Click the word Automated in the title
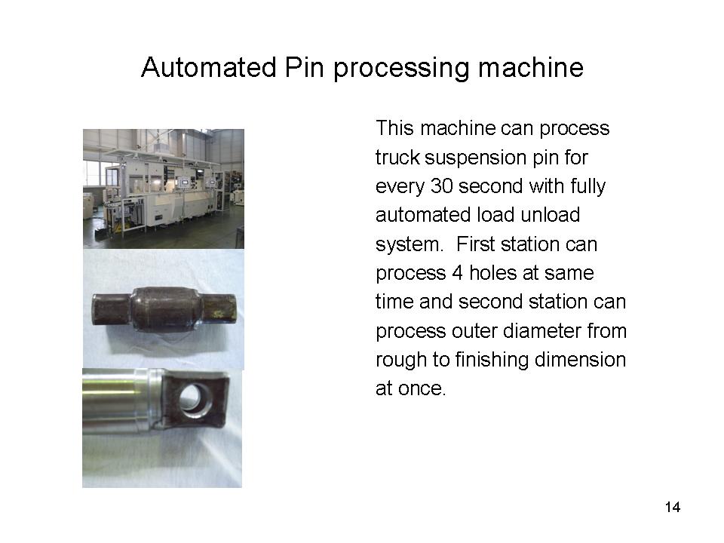point(209,67)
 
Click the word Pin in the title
point(305,67)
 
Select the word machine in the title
point(530,67)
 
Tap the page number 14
point(673,507)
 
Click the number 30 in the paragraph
point(441,186)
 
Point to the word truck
point(397,158)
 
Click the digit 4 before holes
point(457,273)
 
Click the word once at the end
point(422,389)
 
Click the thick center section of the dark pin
point(164,308)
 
